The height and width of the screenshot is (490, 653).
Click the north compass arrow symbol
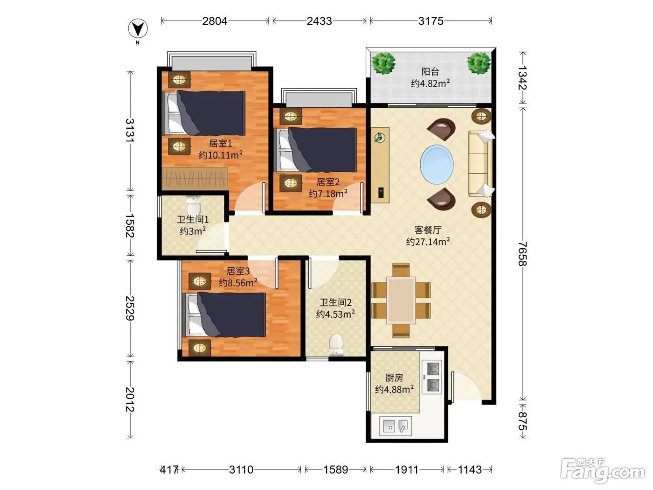pos(138,29)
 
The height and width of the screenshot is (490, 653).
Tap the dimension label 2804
pos(215,21)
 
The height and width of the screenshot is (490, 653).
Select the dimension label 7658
pos(522,253)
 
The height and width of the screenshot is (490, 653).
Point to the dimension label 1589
pos(335,470)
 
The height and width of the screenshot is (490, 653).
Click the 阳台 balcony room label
pos(430,72)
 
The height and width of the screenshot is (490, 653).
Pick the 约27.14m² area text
pos(428,241)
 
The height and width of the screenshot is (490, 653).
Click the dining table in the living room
pos(401,301)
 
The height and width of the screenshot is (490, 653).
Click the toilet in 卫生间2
pos(336,345)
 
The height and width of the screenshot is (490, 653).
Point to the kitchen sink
pos(396,426)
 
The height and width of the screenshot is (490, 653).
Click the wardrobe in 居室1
pos(195,179)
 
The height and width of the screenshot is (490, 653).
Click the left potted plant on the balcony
pos(383,63)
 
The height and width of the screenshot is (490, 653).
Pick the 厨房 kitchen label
pos(394,378)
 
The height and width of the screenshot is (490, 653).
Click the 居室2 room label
pos(327,182)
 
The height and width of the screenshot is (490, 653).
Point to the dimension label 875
pos(522,421)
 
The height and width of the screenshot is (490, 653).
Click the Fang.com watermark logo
pos(603,471)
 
